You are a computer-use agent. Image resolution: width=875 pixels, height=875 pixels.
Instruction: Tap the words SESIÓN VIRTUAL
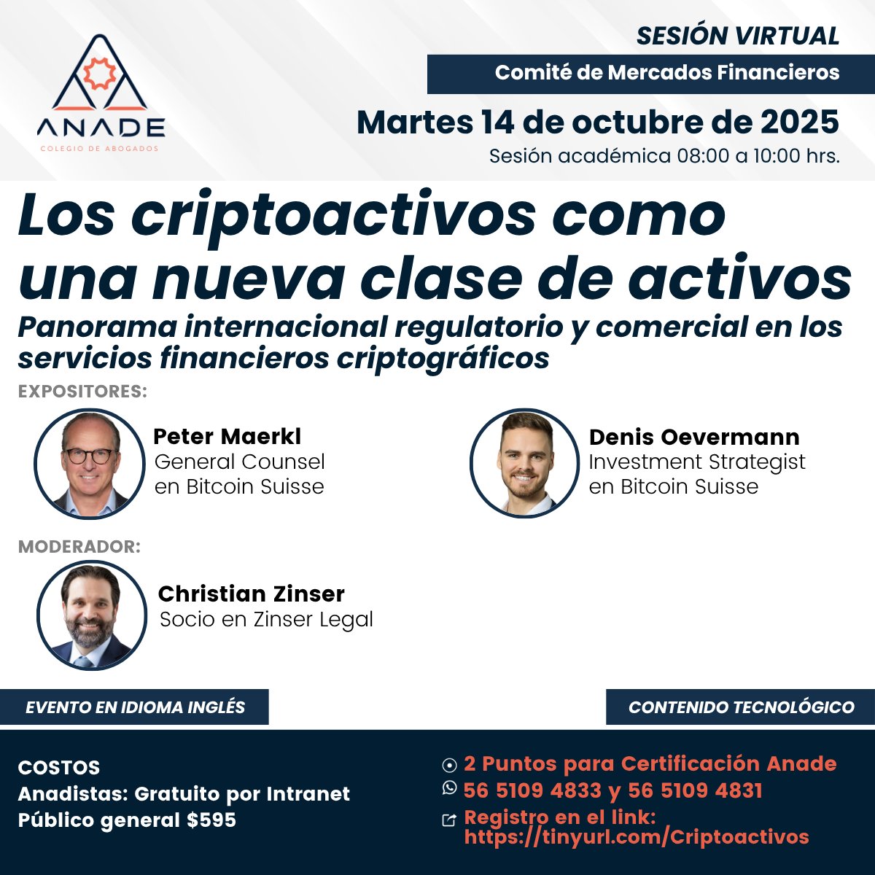pyautogui.click(x=737, y=36)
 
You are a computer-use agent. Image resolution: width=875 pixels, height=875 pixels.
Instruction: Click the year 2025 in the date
pyautogui.click(x=799, y=122)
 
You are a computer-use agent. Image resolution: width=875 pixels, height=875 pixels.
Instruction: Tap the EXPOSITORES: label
pyautogui.click(x=82, y=392)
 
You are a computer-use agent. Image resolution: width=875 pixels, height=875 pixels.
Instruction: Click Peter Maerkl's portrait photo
pyautogui.click(x=89, y=463)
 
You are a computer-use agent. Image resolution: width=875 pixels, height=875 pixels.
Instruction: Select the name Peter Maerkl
pyautogui.click(x=227, y=437)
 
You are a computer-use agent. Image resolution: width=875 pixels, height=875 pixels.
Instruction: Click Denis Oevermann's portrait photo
pyautogui.click(x=525, y=463)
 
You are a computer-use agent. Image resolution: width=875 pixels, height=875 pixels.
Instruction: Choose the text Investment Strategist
pyautogui.click(x=696, y=462)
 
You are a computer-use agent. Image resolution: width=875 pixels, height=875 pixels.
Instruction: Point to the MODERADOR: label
pyautogui.click(x=79, y=547)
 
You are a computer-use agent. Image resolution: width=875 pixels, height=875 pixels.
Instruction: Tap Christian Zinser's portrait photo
pyautogui.click(x=92, y=615)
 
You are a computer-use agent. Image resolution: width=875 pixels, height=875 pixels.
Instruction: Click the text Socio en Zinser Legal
pyautogui.click(x=266, y=620)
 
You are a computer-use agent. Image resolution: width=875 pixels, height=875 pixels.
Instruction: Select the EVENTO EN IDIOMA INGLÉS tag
pyautogui.click(x=135, y=707)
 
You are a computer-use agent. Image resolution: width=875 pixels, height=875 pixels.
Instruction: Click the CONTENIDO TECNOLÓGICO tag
pyautogui.click(x=741, y=707)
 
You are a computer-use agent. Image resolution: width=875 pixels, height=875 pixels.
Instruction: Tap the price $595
pyautogui.click(x=211, y=820)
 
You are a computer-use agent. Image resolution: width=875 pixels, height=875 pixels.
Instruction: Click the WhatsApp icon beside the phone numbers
pyautogui.click(x=449, y=788)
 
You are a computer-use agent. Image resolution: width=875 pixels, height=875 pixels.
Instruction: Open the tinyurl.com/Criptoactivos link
pyautogui.click(x=636, y=836)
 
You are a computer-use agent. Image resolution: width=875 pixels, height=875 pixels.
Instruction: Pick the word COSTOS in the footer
pyautogui.click(x=59, y=768)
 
